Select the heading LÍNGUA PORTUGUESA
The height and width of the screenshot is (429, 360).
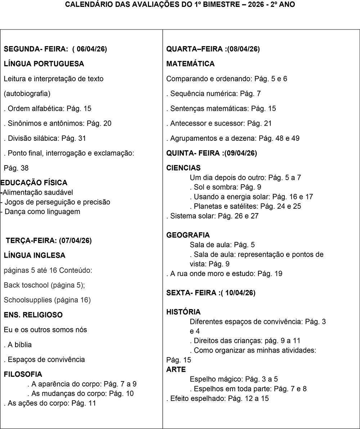coord(44,64)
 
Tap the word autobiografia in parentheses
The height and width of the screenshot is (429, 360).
coord(27,94)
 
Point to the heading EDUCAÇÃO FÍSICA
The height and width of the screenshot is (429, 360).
coord(34,183)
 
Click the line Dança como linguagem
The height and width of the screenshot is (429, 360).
coord(42,212)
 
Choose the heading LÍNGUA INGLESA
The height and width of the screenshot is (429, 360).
coord(35,256)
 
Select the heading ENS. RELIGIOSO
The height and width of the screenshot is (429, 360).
coord(33,315)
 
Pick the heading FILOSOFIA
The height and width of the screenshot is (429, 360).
coord(23,374)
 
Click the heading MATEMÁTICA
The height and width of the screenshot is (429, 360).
coord(190,64)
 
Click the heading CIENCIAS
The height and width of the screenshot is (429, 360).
coord(184,168)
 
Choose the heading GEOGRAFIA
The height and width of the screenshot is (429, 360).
coord(188,235)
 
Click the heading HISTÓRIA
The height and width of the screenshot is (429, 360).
coord(184,312)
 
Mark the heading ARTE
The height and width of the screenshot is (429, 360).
coord(176,370)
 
